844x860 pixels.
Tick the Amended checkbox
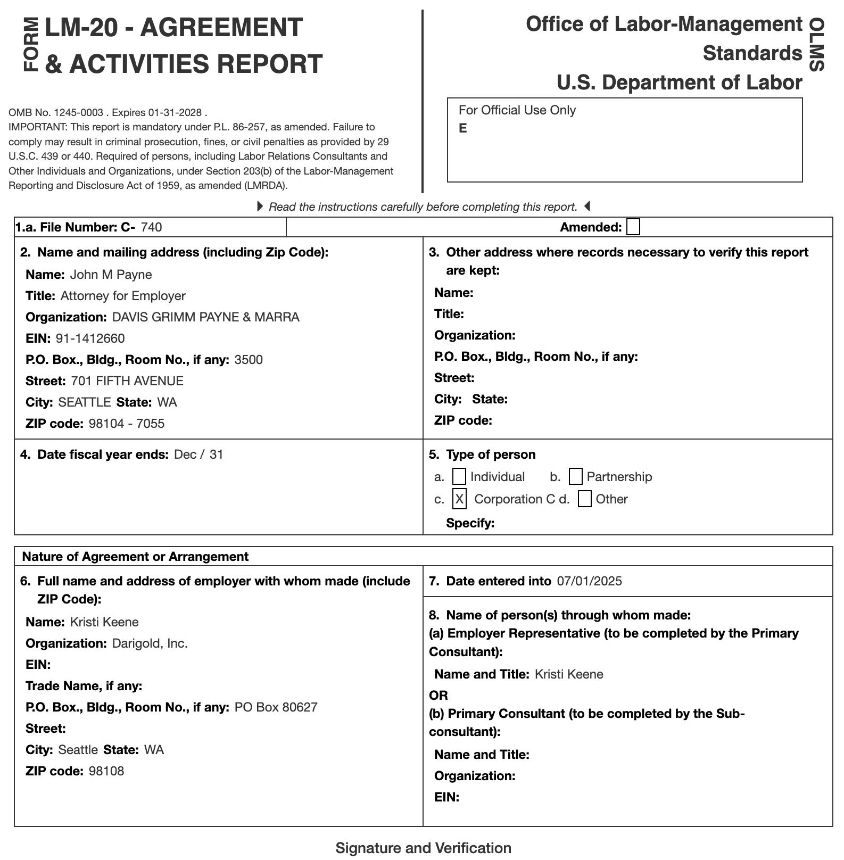click(633, 227)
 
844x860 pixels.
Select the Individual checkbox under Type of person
click(459, 476)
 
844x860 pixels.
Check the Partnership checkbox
click(575, 476)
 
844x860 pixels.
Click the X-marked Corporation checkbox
click(459, 499)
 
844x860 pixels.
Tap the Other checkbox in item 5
click(584, 499)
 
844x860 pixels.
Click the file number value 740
click(151, 227)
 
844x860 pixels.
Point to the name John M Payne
click(111, 275)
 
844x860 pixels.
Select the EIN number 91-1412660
click(90, 338)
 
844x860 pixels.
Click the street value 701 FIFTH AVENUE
click(127, 381)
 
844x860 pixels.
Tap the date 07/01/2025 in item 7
click(589, 581)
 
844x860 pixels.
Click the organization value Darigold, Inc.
click(150, 643)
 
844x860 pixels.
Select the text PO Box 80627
click(276, 707)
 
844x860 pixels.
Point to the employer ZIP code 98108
click(106, 771)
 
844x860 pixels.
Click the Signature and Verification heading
click(423, 848)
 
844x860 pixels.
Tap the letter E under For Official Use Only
click(463, 128)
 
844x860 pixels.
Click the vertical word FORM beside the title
click(31, 44)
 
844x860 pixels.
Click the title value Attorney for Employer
click(123, 296)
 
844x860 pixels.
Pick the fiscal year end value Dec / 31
click(198, 454)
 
